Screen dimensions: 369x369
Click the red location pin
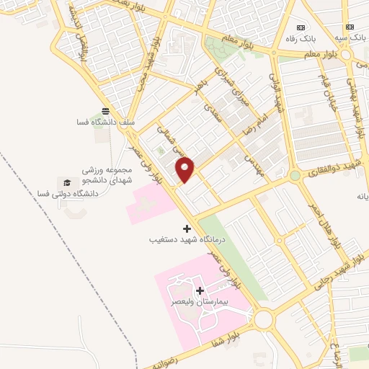(186, 169)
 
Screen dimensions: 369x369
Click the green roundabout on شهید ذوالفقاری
(294, 175)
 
